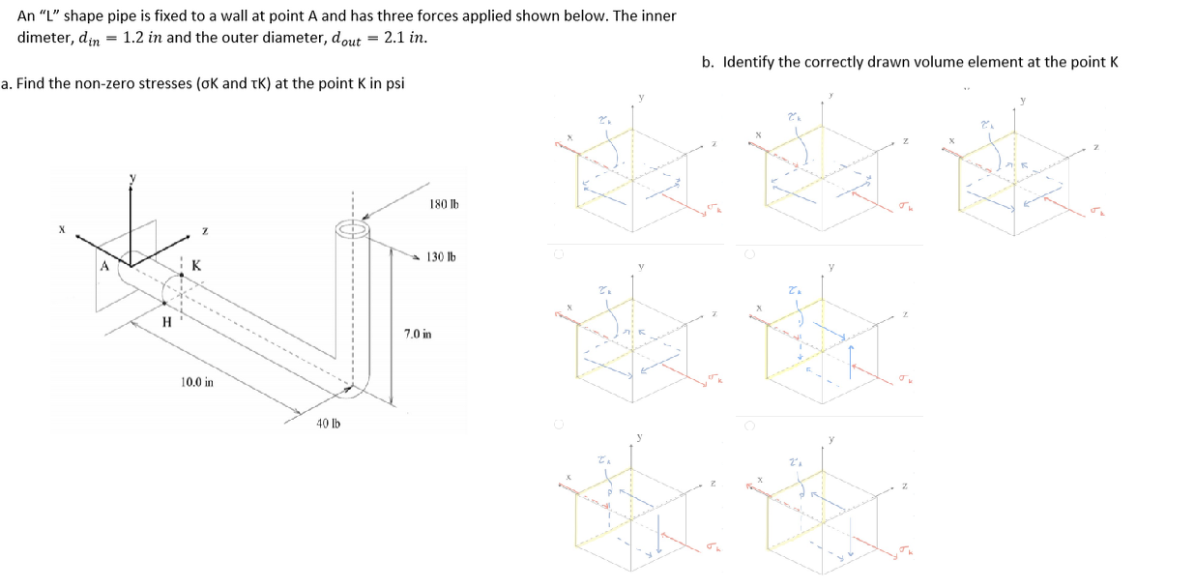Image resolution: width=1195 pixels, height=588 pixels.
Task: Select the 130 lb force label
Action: pos(440,257)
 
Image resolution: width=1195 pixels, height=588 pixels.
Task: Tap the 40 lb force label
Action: pos(329,423)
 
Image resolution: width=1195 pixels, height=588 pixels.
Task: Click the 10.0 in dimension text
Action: pos(197,382)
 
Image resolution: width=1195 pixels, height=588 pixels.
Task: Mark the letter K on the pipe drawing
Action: pos(196,265)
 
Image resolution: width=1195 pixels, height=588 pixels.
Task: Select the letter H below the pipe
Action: pos(166,322)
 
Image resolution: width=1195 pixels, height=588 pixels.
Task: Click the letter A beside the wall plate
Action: pos(105,265)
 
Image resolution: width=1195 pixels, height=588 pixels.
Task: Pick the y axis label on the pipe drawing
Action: pos(133,180)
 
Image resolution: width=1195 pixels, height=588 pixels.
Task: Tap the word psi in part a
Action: pos(394,83)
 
